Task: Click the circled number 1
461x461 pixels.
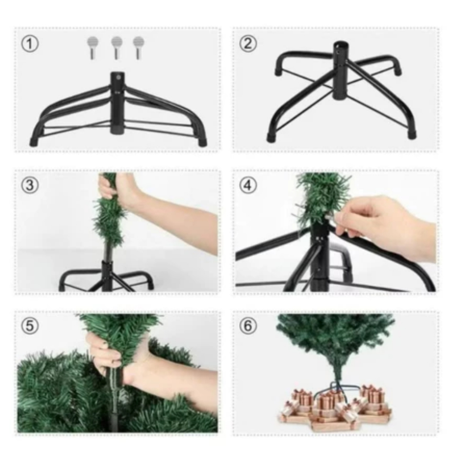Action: [x=30, y=44]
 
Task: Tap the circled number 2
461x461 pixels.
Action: [x=248, y=44]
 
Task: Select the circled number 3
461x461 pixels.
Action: [x=30, y=185]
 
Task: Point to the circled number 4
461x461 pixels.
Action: [x=248, y=185]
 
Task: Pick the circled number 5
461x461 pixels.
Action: [x=30, y=326]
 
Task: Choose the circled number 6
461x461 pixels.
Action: [x=248, y=326]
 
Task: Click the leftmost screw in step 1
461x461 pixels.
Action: [x=93, y=48]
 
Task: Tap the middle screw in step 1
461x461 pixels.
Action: [x=117, y=48]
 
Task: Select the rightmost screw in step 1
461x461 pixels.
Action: [x=139, y=48]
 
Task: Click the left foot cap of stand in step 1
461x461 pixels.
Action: [x=34, y=142]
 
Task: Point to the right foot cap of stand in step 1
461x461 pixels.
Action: [x=202, y=142]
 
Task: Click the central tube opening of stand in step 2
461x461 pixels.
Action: [x=340, y=45]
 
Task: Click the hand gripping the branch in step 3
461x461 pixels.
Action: [x=118, y=188]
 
